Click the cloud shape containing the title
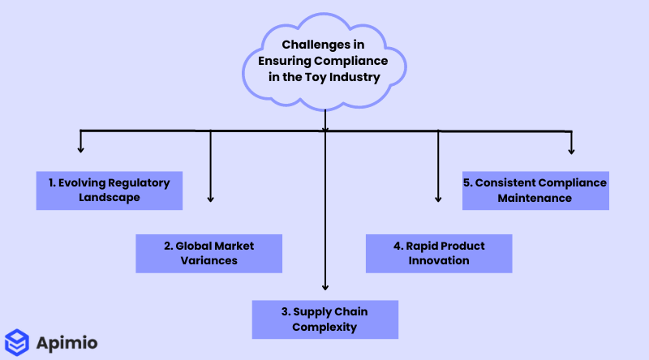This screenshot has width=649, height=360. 324,62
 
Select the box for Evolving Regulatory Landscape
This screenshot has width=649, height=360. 110,190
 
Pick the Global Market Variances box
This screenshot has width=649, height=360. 208,254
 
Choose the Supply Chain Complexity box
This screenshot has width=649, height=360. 324,319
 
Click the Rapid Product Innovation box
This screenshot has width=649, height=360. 439,254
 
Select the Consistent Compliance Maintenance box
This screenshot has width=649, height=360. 535,190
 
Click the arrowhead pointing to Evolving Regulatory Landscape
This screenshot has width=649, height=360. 80,149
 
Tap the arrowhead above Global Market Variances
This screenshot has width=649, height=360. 210,198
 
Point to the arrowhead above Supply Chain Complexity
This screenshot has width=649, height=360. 324,285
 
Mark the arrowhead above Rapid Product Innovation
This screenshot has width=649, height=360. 439,198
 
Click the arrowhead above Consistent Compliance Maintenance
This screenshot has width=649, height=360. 572,150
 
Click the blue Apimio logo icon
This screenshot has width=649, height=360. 17,342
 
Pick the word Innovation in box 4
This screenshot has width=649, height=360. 440,261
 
